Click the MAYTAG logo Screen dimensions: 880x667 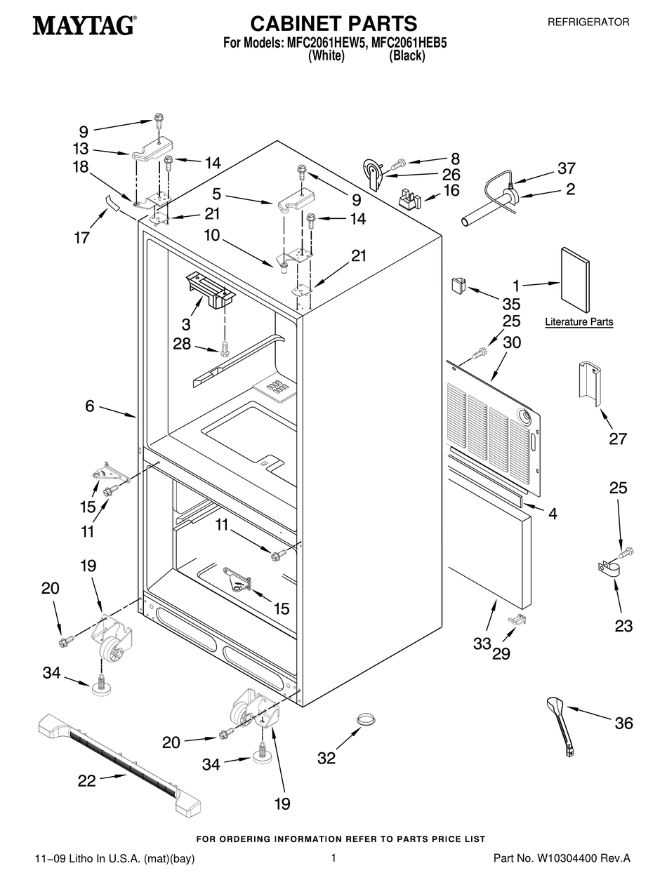tap(84, 27)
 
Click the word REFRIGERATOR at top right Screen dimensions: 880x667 tap(588, 22)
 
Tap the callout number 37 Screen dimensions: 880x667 tap(566, 168)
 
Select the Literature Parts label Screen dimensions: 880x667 tap(579, 322)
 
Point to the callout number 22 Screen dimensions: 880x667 tap(86, 780)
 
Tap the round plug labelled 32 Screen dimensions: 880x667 tap(364, 719)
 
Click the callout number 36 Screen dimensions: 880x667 tap(623, 724)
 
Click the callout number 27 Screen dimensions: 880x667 tap(618, 439)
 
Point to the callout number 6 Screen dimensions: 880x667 tap(89, 406)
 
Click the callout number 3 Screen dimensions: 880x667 tap(186, 324)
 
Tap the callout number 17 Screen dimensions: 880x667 tap(81, 237)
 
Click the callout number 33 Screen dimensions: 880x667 tap(481, 644)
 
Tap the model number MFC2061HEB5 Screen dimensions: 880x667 tap(409, 43)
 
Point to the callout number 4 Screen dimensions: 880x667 tap(553, 514)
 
